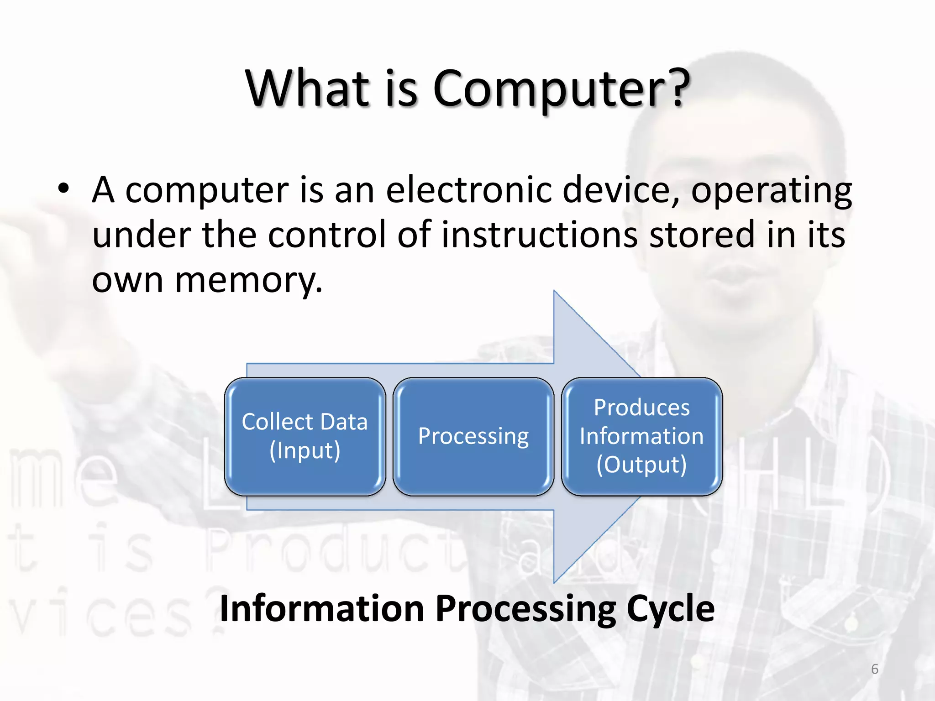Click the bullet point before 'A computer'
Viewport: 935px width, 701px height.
point(63,188)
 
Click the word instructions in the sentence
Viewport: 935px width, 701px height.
point(539,234)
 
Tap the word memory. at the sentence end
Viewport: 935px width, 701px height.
point(249,280)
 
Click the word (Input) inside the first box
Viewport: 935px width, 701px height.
point(305,450)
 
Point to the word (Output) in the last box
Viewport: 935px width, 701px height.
point(641,465)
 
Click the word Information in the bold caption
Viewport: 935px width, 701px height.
point(322,609)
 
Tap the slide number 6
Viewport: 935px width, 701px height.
point(874,669)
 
